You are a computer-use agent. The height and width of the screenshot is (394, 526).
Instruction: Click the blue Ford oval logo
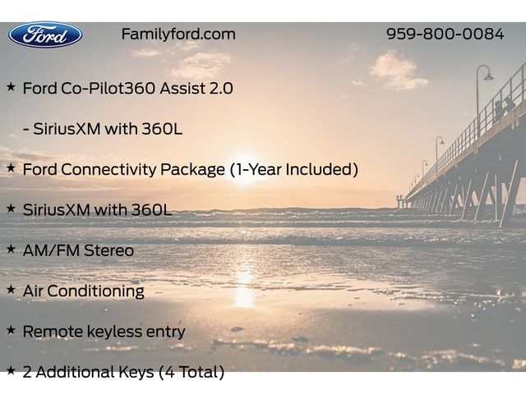click(45, 34)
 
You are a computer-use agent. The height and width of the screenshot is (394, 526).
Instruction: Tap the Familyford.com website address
click(178, 34)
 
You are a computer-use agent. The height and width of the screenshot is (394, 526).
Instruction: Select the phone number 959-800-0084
click(445, 34)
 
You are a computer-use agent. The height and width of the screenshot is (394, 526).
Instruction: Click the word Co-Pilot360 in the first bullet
click(108, 88)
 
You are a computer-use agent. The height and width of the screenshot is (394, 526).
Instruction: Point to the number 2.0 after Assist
click(221, 89)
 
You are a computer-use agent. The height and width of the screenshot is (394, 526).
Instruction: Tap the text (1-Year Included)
click(294, 169)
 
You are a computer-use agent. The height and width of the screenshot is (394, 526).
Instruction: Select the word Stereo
click(108, 250)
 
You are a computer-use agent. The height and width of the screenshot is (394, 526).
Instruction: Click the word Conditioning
click(95, 291)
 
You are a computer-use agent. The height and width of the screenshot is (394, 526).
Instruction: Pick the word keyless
click(114, 332)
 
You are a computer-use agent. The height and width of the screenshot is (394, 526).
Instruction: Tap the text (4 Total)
click(191, 372)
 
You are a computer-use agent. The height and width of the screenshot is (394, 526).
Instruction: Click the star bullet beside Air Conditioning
click(11, 290)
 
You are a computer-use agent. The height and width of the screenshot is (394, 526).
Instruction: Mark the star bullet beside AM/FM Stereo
click(11, 249)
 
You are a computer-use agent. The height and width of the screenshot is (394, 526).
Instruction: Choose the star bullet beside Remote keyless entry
click(11, 330)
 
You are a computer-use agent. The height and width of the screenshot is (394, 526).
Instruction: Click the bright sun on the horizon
click(245, 165)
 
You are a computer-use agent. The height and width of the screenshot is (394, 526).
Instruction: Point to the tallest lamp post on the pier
click(479, 100)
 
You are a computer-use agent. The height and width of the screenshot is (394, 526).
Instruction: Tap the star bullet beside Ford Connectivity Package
click(11, 167)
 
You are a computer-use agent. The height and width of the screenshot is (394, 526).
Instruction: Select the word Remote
click(53, 332)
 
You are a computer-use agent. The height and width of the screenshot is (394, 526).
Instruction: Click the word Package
click(192, 170)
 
